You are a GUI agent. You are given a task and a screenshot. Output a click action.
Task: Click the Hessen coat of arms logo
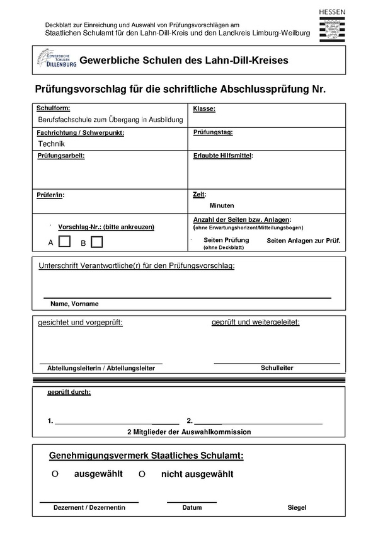coord(332,30)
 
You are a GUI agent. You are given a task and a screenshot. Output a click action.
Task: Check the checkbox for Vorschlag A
coord(64,241)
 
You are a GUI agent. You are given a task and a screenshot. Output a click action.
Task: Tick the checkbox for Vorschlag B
coord(96,241)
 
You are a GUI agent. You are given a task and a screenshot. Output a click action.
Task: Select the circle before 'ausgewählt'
coord(55,474)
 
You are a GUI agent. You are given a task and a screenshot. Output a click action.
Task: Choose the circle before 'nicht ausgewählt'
coord(142,474)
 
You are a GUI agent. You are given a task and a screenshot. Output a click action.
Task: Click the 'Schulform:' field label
coord(54,109)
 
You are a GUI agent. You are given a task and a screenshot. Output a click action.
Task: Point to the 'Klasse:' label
coord(204,109)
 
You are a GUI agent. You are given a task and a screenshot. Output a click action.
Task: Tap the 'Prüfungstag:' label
coord(213,132)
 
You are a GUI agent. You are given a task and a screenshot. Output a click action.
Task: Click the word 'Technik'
coord(52,144)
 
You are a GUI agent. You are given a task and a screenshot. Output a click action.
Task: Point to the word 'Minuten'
coord(222,205)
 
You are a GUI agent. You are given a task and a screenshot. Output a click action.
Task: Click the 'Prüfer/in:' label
coord(51,195)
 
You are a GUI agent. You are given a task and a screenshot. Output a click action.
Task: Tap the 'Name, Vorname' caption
coord(74,304)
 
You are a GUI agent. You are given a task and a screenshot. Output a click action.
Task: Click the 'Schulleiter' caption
coord(277,367)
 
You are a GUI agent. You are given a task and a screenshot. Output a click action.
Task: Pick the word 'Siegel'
coord(297,507)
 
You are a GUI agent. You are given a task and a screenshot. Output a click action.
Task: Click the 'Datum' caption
coord(192,507)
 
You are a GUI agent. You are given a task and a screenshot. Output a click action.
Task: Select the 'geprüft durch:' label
coord(69,393)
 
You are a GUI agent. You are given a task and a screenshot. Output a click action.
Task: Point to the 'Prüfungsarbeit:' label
coord(61,156)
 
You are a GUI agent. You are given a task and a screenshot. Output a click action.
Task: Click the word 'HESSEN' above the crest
coord(332,12)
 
